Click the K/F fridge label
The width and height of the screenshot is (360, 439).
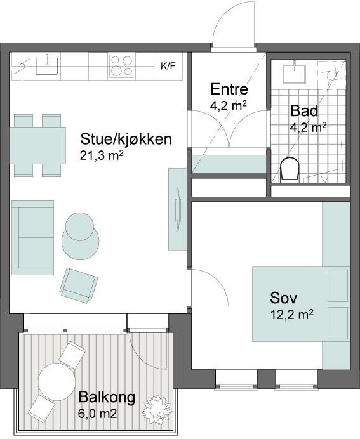click(168, 67)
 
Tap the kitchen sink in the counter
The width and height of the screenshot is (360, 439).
click(47, 65)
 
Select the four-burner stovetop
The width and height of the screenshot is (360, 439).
click(121, 66)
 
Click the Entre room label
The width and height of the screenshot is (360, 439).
click(229, 89)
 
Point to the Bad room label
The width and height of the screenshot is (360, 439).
click(304, 110)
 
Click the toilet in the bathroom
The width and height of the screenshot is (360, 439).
click(290, 169)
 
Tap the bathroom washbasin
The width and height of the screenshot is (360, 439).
click(294, 73)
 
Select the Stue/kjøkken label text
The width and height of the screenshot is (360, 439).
click(126, 139)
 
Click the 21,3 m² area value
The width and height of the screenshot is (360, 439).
click(102, 155)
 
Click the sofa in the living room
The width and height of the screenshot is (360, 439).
click(33, 238)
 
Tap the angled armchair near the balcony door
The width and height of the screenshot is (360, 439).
click(79, 285)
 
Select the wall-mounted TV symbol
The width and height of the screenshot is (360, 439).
click(178, 210)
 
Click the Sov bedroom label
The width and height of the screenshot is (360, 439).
click(283, 298)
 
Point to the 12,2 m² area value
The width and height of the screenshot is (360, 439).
click(291, 315)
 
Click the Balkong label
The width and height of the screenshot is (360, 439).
click(107, 397)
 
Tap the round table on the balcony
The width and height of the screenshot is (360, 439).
click(57, 381)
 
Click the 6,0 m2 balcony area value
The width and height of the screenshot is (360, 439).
click(98, 414)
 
